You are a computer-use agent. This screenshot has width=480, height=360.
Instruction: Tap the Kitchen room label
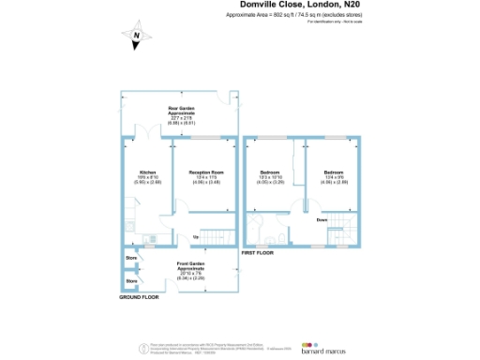pos(147,172)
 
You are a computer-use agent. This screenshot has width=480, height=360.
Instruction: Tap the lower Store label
pos(131,280)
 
